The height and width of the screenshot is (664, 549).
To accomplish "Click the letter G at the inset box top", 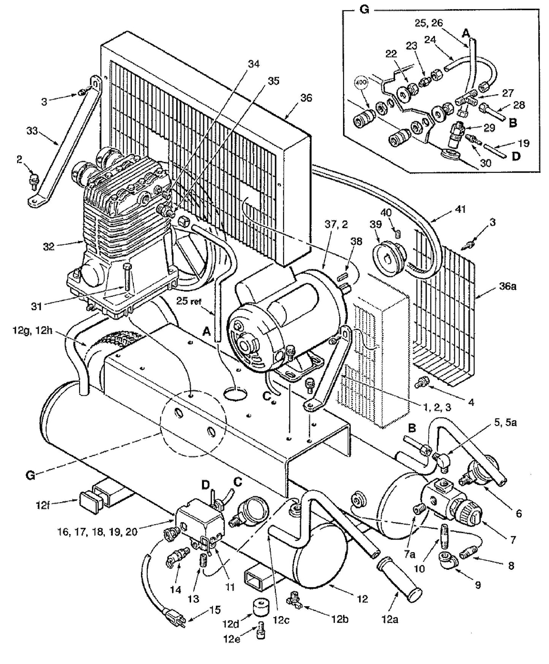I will tap(364, 10).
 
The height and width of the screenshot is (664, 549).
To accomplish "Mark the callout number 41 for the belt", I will tap(460, 209).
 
